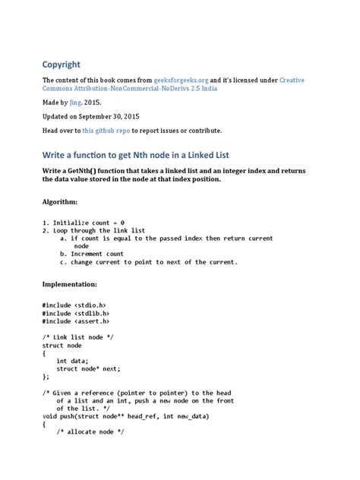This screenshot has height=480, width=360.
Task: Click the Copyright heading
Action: tap(62, 65)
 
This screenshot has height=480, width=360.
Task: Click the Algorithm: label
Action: tap(60, 203)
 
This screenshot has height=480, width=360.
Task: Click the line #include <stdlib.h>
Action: tap(77, 312)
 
